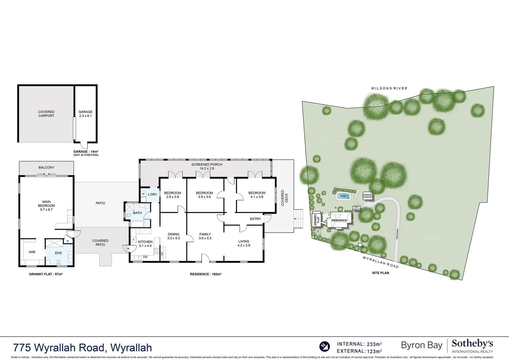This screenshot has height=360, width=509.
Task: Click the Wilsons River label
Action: (x=389, y=88)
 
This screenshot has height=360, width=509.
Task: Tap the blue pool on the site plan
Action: (x=342, y=196)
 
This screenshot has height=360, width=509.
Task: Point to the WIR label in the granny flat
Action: (x=32, y=252)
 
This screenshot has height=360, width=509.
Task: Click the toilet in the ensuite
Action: (x=59, y=262)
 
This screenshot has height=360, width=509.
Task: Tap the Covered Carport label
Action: (x=46, y=114)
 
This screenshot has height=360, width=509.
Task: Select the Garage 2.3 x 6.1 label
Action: (x=85, y=114)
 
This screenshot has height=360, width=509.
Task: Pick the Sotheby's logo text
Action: (x=472, y=344)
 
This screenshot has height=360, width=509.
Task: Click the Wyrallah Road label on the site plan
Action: (x=380, y=262)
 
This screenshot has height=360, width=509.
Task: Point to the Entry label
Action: (x=255, y=219)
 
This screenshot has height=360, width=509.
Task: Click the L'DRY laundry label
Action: (x=152, y=195)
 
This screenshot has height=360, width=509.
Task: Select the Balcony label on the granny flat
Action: (x=46, y=167)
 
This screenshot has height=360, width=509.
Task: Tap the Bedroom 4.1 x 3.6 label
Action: (x=256, y=195)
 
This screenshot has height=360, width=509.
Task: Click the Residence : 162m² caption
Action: (x=206, y=274)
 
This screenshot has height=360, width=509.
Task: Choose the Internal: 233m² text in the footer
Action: (x=359, y=344)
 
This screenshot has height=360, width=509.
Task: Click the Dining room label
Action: (x=173, y=236)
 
